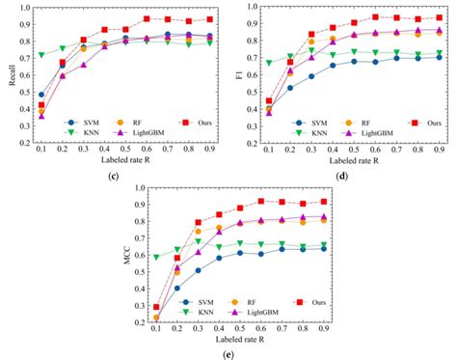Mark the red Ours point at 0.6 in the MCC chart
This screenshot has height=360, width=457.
click(261, 201)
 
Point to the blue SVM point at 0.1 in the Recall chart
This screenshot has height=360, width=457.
click(40, 96)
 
